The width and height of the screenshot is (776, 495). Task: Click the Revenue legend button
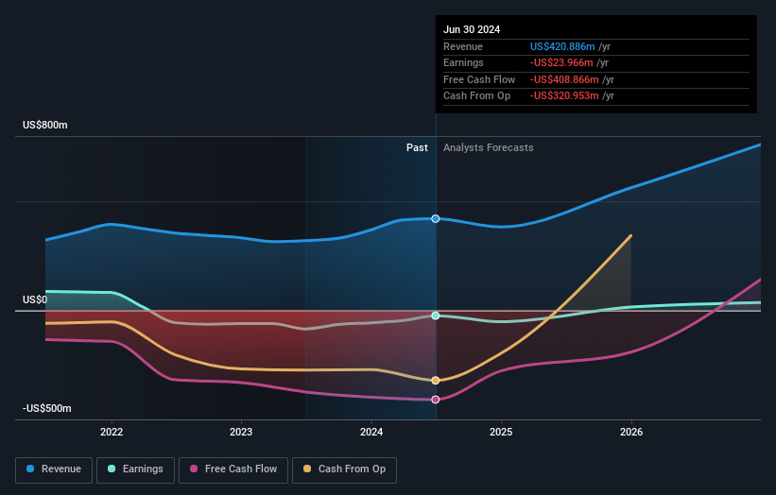tap(54, 469)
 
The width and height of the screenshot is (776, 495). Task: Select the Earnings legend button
tap(135, 469)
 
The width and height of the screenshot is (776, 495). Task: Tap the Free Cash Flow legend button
tap(233, 469)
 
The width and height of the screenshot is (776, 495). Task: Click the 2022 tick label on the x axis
tap(112, 432)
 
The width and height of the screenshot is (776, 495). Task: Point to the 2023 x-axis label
tap(241, 432)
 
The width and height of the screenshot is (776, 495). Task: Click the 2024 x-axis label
tap(371, 432)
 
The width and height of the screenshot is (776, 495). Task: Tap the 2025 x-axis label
tap(501, 432)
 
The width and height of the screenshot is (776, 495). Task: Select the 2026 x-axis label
tap(631, 432)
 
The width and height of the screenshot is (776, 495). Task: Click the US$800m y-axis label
tap(45, 126)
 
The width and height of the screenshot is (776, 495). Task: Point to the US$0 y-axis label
tap(35, 299)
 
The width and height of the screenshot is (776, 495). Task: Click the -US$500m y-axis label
tap(47, 408)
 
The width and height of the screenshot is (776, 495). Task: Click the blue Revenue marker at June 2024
tap(436, 218)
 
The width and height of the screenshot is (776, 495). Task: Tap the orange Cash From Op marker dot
tap(436, 381)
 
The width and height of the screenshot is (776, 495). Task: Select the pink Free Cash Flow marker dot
tap(436, 400)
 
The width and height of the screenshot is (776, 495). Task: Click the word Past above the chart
tap(417, 147)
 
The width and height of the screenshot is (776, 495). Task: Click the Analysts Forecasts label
tap(488, 147)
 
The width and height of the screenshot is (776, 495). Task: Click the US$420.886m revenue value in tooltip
tap(563, 46)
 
